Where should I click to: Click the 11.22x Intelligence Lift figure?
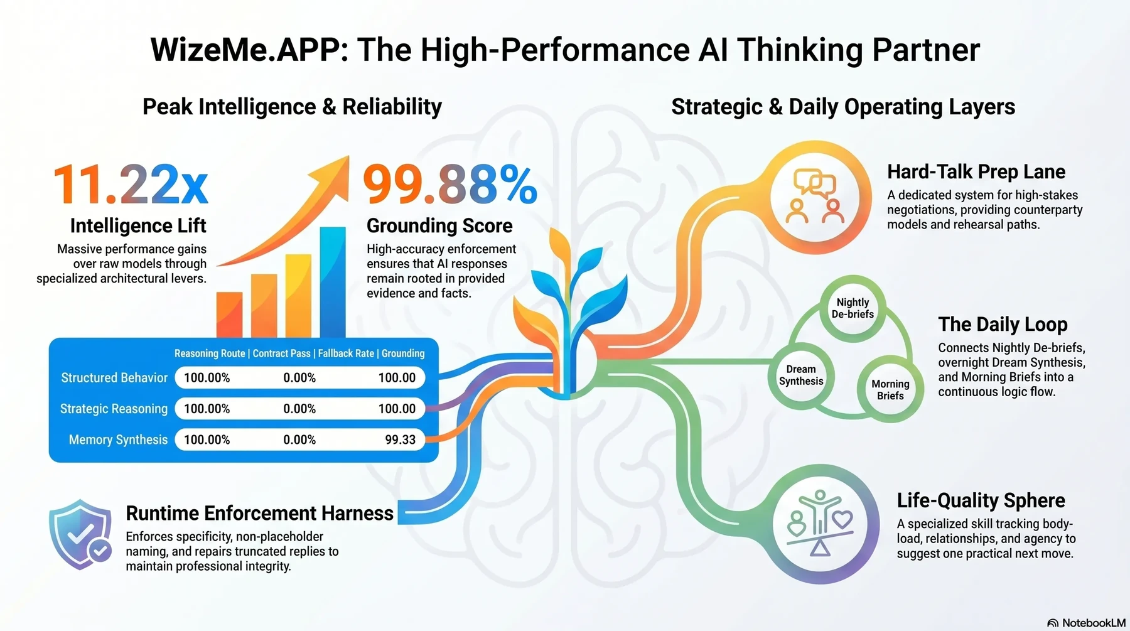click(x=131, y=185)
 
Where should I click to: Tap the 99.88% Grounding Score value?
click(x=450, y=185)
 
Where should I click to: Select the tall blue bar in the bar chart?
click(x=333, y=283)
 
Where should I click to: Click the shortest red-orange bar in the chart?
click(x=229, y=315)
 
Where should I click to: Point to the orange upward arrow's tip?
click(x=348, y=156)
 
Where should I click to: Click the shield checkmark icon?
click(x=80, y=534)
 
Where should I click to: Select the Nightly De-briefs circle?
click(x=853, y=308)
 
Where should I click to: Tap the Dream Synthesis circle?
click(x=801, y=375)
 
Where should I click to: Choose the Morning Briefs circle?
click(x=890, y=389)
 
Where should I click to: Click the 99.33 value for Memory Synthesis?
click(x=401, y=440)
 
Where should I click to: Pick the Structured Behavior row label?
click(x=114, y=378)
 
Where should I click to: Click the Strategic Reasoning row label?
click(x=114, y=409)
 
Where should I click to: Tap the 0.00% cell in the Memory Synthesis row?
click(x=299, y=440)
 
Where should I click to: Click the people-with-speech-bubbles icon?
click(x=815, y=197)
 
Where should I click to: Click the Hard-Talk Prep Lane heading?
click(x=976, y=172)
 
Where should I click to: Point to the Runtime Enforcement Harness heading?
click(x=260, y=513)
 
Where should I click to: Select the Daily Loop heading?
click(x=1003, y=325)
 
